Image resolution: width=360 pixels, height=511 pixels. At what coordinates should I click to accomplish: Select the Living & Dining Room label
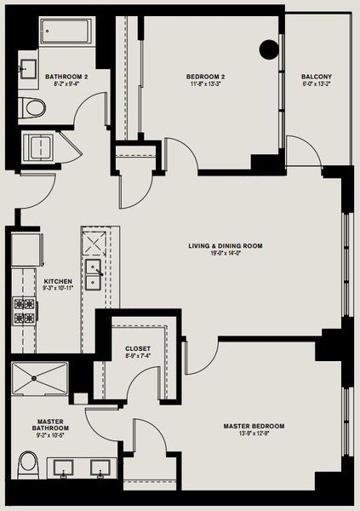[x=226, y=246]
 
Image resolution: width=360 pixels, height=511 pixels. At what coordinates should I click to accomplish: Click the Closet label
[x=137, y=348]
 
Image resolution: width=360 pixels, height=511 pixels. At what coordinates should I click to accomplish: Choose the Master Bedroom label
[x=254, y=426]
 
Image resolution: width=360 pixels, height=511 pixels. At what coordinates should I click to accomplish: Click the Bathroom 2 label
[x=65, y=77]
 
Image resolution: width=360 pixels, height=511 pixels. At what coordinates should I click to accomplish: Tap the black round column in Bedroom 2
[x=270, y=49]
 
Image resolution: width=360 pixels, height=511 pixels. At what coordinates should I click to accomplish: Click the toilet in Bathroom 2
[x=33, y=108]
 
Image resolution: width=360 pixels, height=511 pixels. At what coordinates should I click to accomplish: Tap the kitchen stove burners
[x=21, y=312]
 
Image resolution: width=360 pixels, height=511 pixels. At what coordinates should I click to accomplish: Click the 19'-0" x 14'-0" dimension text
[x=226, y=254]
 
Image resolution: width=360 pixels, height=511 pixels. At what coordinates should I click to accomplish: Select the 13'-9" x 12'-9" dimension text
[x=254, y=433]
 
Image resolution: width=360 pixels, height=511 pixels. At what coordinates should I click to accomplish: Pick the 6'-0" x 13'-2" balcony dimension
[x=314, y=84]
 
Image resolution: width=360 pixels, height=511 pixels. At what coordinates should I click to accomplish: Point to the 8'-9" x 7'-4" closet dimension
[x=137, y=356]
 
